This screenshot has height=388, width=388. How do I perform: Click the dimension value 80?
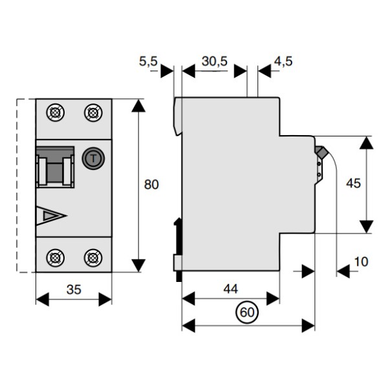[x=151, y=185]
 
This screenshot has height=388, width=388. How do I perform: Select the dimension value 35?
[x=74, y=290]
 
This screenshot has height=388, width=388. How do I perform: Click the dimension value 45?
[x=353, y=183]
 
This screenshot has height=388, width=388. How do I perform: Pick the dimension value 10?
[x=361, y=262]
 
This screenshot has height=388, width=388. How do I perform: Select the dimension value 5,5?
[x=148, y=62]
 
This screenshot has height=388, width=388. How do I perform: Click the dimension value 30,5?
[x=213, y=62]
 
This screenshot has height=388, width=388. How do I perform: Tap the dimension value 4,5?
[x=283, y=62]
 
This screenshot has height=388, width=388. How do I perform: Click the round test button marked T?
[x=92, y=156]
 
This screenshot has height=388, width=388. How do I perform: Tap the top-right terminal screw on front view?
[x=92, y=113]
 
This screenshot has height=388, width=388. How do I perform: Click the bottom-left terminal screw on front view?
[x=56, y=257]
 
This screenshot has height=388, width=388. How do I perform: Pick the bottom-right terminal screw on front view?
[x=92, y=257]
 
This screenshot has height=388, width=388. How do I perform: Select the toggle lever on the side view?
[x=320, y=153]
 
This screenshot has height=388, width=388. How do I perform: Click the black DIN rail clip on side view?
[x=178, y=236]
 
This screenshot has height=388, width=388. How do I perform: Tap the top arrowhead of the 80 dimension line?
[x=138, y=105]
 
